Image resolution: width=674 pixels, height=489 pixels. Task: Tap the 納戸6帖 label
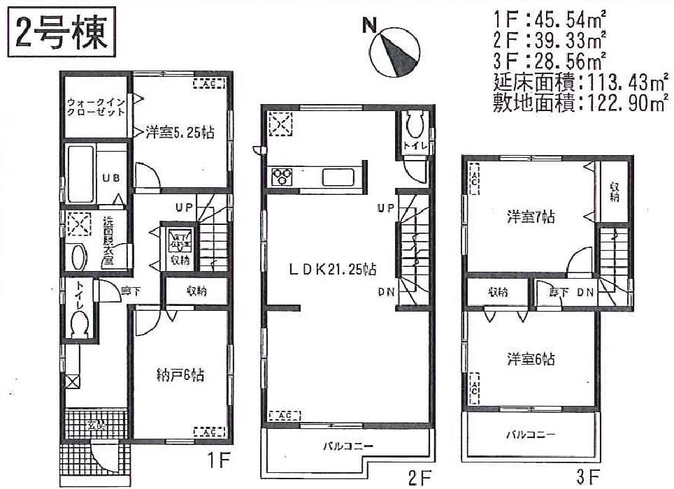pos(180,375)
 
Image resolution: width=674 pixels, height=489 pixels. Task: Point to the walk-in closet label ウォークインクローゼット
pos(96,107)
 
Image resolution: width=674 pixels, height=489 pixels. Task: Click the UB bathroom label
pos(111,178)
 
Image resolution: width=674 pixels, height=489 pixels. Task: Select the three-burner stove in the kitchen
pos(281,176)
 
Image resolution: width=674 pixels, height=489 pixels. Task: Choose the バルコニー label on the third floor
pos(531,434)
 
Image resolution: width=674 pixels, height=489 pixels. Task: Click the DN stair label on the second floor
pos(385,293)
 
